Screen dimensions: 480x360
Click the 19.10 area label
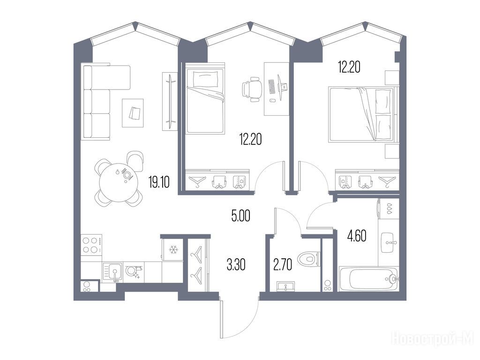(159, 182)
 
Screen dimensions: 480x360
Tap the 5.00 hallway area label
(241, 216)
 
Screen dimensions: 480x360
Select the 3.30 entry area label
(236, 265)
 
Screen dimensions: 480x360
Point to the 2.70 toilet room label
(283, 265)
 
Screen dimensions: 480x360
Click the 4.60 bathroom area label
(357, 236)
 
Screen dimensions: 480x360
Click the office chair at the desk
(252, 89)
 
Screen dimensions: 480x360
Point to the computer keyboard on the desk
(272, 87)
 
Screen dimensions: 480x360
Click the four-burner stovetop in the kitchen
(91, 245)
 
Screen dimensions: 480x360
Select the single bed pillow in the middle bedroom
(206, 79)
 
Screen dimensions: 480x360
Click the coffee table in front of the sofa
(133, 112)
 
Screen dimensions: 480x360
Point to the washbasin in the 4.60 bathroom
(388, 242)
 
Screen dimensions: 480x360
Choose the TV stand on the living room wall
(170, 101)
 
